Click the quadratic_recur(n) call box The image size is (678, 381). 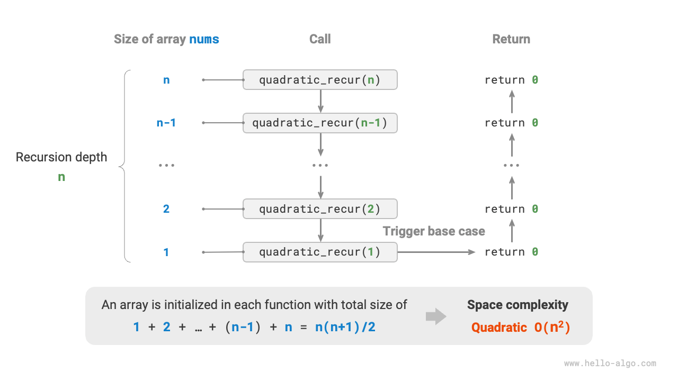point(320,80)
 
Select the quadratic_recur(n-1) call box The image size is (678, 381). point(320,123)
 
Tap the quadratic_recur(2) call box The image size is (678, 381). point(320,209)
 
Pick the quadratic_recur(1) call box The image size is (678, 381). point(320,252)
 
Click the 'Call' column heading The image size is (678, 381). point(320,39)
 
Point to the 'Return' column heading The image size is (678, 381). point(511,39)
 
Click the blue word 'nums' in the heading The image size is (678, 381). point(204,39)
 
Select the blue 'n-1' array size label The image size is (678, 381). point(166,123)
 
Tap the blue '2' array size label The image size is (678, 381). point(166,209)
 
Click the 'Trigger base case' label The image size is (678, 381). point(434,231)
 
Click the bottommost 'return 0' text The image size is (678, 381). point(511,252)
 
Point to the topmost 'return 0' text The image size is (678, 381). point(511,80)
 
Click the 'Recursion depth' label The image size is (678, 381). point(61,157)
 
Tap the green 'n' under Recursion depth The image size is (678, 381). point(61,177)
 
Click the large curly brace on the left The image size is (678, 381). point(126,166)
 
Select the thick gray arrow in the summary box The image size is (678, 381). point(436,316)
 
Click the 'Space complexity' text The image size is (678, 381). point(518,305)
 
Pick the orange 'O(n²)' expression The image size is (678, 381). point(551,327)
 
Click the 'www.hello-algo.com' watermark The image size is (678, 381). point(610,364)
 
